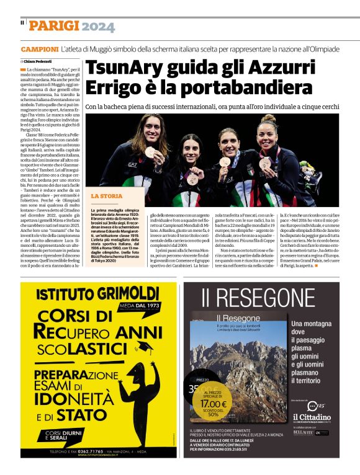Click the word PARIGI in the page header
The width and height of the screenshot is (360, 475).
point(54,26)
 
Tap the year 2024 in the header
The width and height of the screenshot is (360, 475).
point(98,26)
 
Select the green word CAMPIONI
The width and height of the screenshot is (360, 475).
point(40,48)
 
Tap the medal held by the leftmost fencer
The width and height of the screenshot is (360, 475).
point(151,151)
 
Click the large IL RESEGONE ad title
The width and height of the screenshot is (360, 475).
point(257,298)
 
